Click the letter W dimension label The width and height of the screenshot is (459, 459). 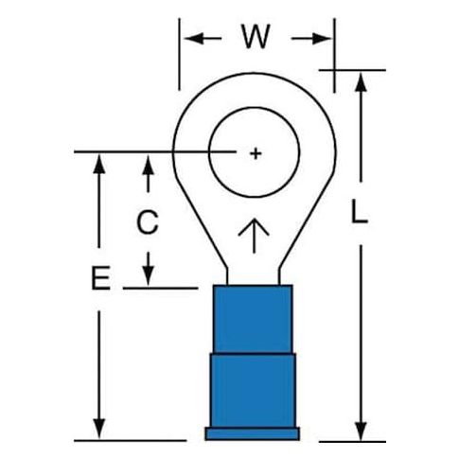click(256, 36)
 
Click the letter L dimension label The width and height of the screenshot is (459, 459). click(360, 211)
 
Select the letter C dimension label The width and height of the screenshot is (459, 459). click(148, 221)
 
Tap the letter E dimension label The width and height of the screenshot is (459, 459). click(101, 277)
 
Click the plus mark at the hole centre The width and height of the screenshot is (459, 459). click(256, 153)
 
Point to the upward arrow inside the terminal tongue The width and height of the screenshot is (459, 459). click(254, 236)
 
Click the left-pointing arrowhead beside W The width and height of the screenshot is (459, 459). click(193, 39)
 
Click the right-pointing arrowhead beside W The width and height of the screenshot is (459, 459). click(322, 39)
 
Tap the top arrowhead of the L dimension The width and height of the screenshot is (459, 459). click(361, 81)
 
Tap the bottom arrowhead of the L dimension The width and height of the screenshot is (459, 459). click(361, 432)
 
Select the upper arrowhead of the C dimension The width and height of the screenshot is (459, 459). click(148, 164)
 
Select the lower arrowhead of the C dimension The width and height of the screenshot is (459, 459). click(148, 276)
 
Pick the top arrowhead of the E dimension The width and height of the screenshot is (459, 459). click(99, 164)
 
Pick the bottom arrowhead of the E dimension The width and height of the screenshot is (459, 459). click(99, 429)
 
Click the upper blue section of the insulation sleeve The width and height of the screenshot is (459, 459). click(253, 319)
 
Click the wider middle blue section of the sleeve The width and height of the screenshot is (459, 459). click(253, 390)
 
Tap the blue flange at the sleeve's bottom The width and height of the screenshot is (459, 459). click(253, 433)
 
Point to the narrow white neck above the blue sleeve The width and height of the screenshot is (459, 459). click(253, 276)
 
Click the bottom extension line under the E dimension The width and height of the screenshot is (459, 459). click(131, 440)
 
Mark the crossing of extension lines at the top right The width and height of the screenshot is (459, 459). click(334, 70)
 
